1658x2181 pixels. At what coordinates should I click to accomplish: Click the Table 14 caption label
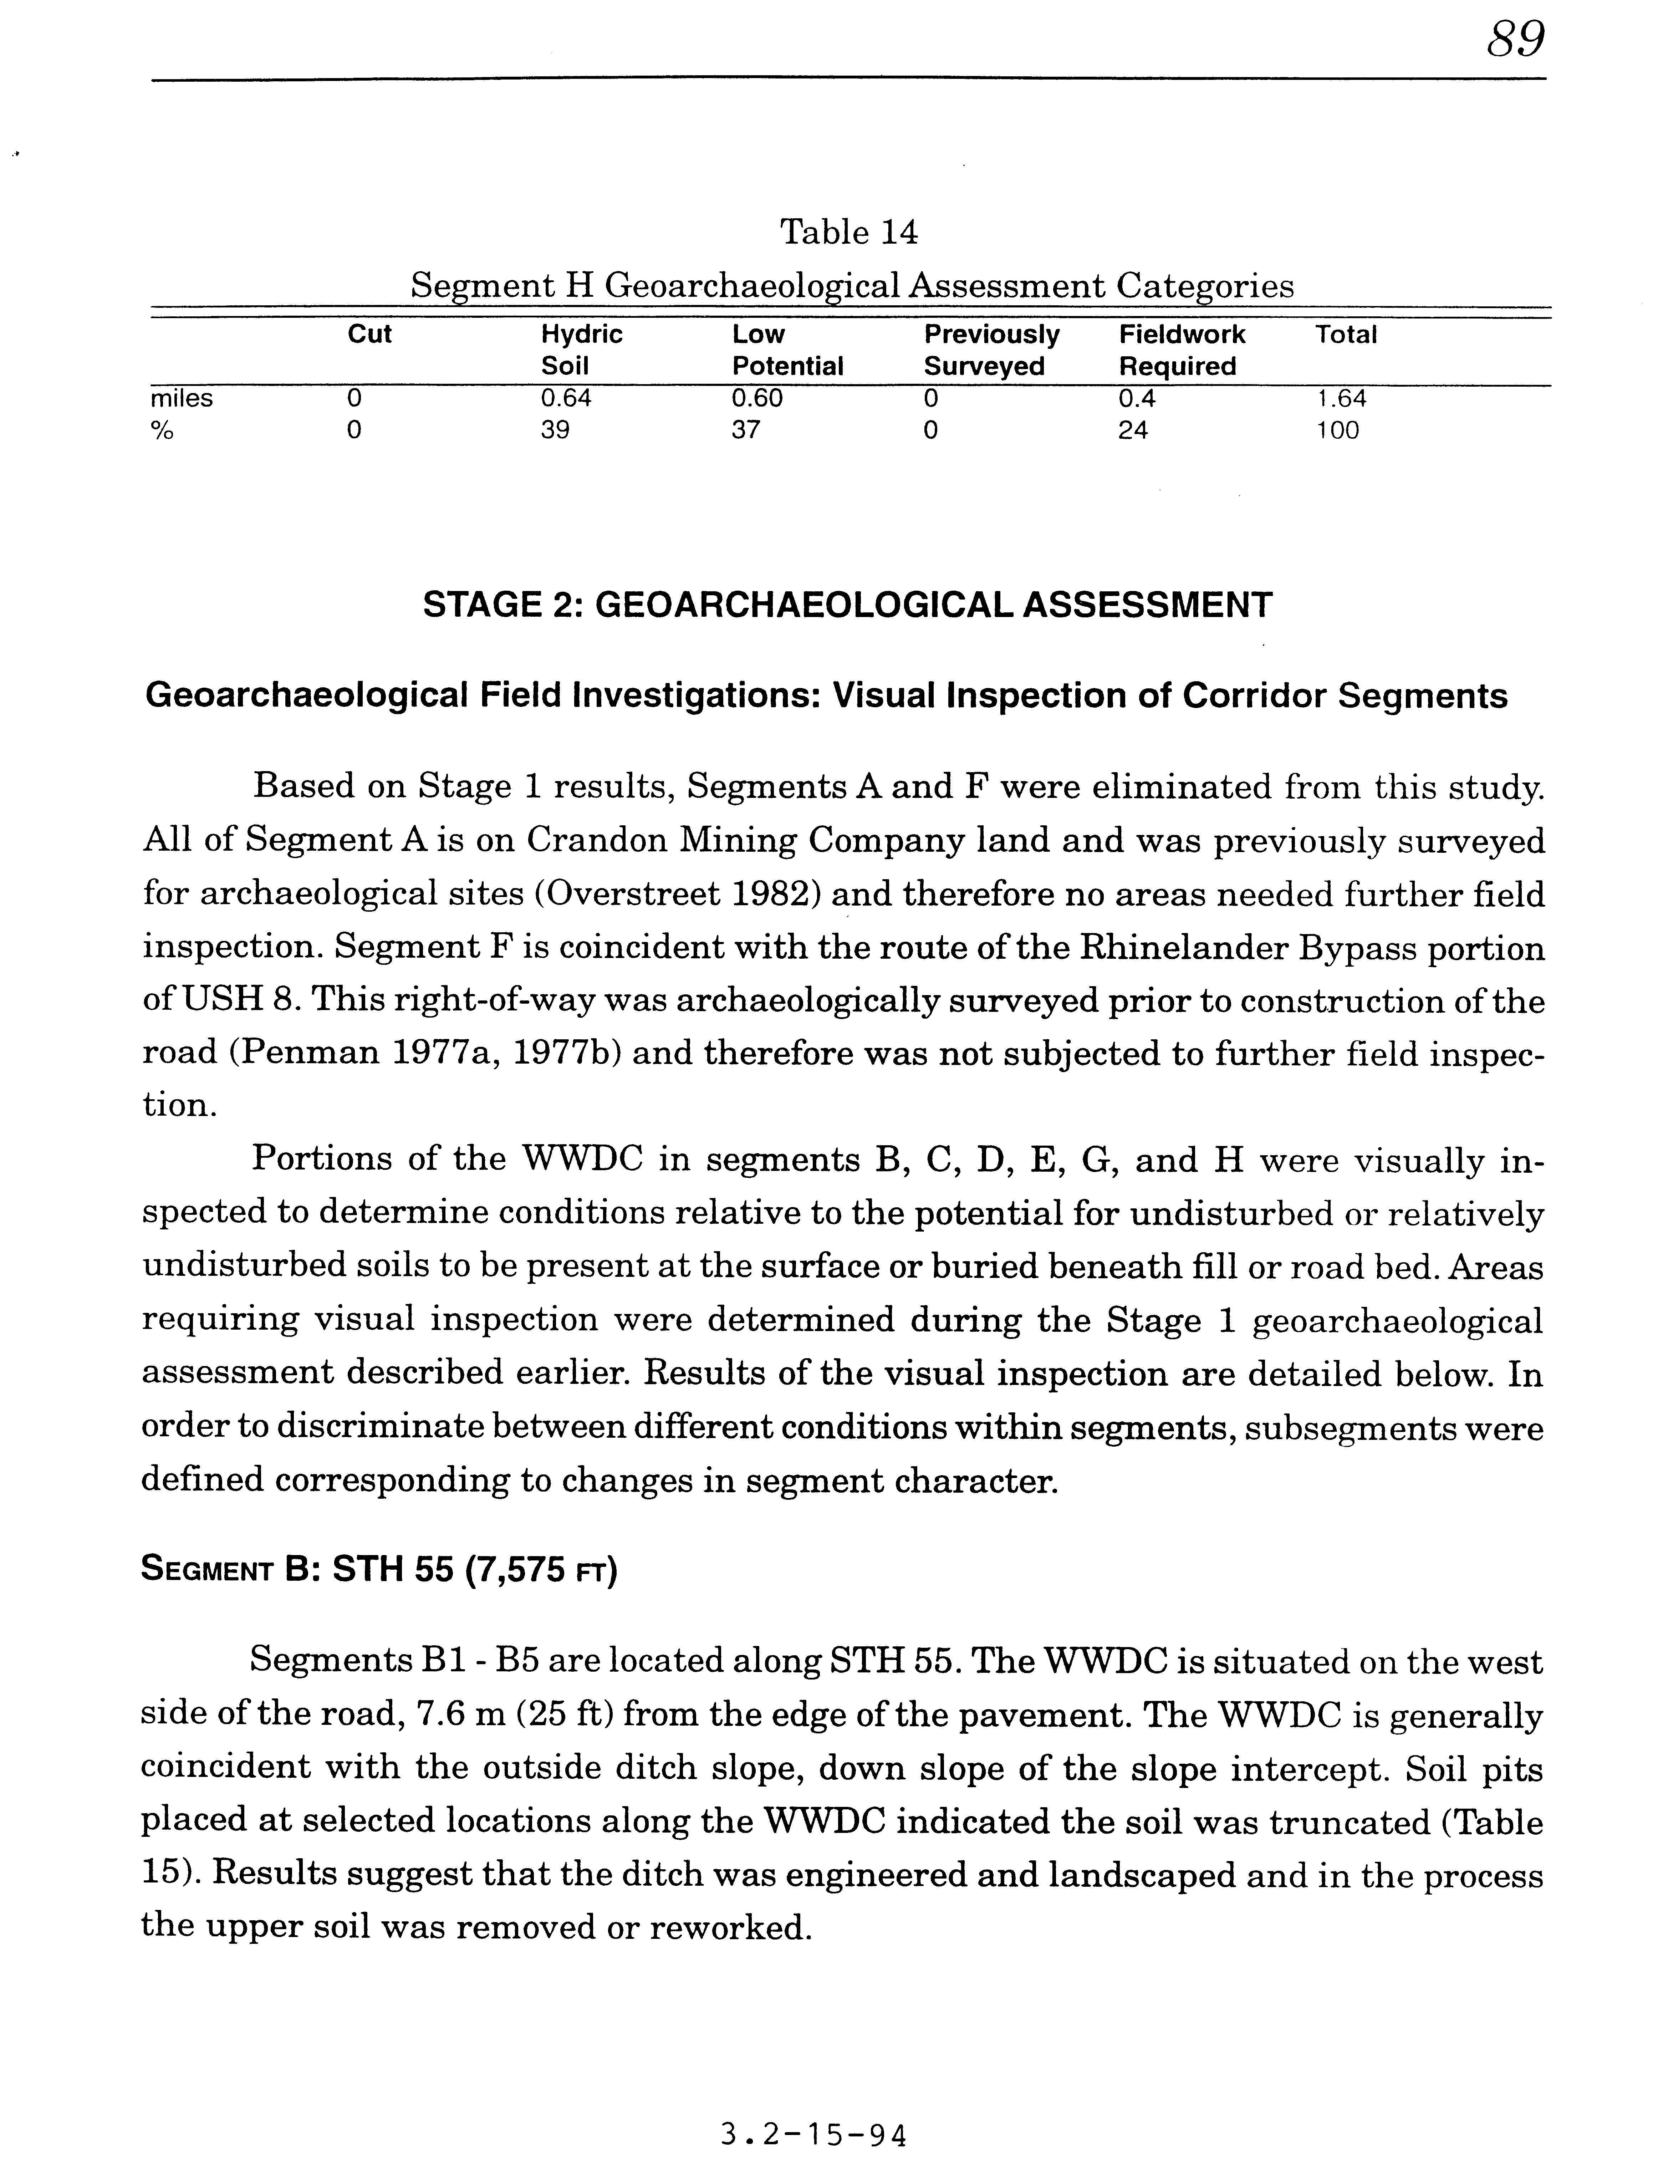tap(849, 233)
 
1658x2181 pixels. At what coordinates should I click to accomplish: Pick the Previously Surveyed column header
tap(991, 350)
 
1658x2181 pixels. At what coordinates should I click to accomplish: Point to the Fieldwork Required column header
tap(1181, 350)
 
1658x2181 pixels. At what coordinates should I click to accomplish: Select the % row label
tap(161, 430)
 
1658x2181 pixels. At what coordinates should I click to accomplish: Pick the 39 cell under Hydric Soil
tap(555, 430)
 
